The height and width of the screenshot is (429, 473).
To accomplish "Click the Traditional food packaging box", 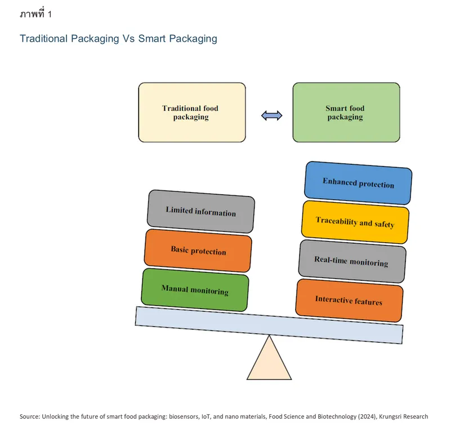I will (191, 113).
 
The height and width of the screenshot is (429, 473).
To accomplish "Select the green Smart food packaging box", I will (346, 113).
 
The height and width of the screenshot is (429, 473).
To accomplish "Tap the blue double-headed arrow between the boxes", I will (272, 115).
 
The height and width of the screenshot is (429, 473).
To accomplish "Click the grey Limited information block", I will (200, 211).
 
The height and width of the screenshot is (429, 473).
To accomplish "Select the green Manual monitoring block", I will (195, 290).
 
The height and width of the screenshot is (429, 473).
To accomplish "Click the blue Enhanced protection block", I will (358, 183).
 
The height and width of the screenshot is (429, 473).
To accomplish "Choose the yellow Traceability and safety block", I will (355, 222).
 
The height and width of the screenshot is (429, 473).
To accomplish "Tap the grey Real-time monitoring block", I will (351, 261).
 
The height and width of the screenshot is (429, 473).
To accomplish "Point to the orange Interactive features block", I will (349, 300).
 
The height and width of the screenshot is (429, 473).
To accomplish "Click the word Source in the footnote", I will (30, 417).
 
